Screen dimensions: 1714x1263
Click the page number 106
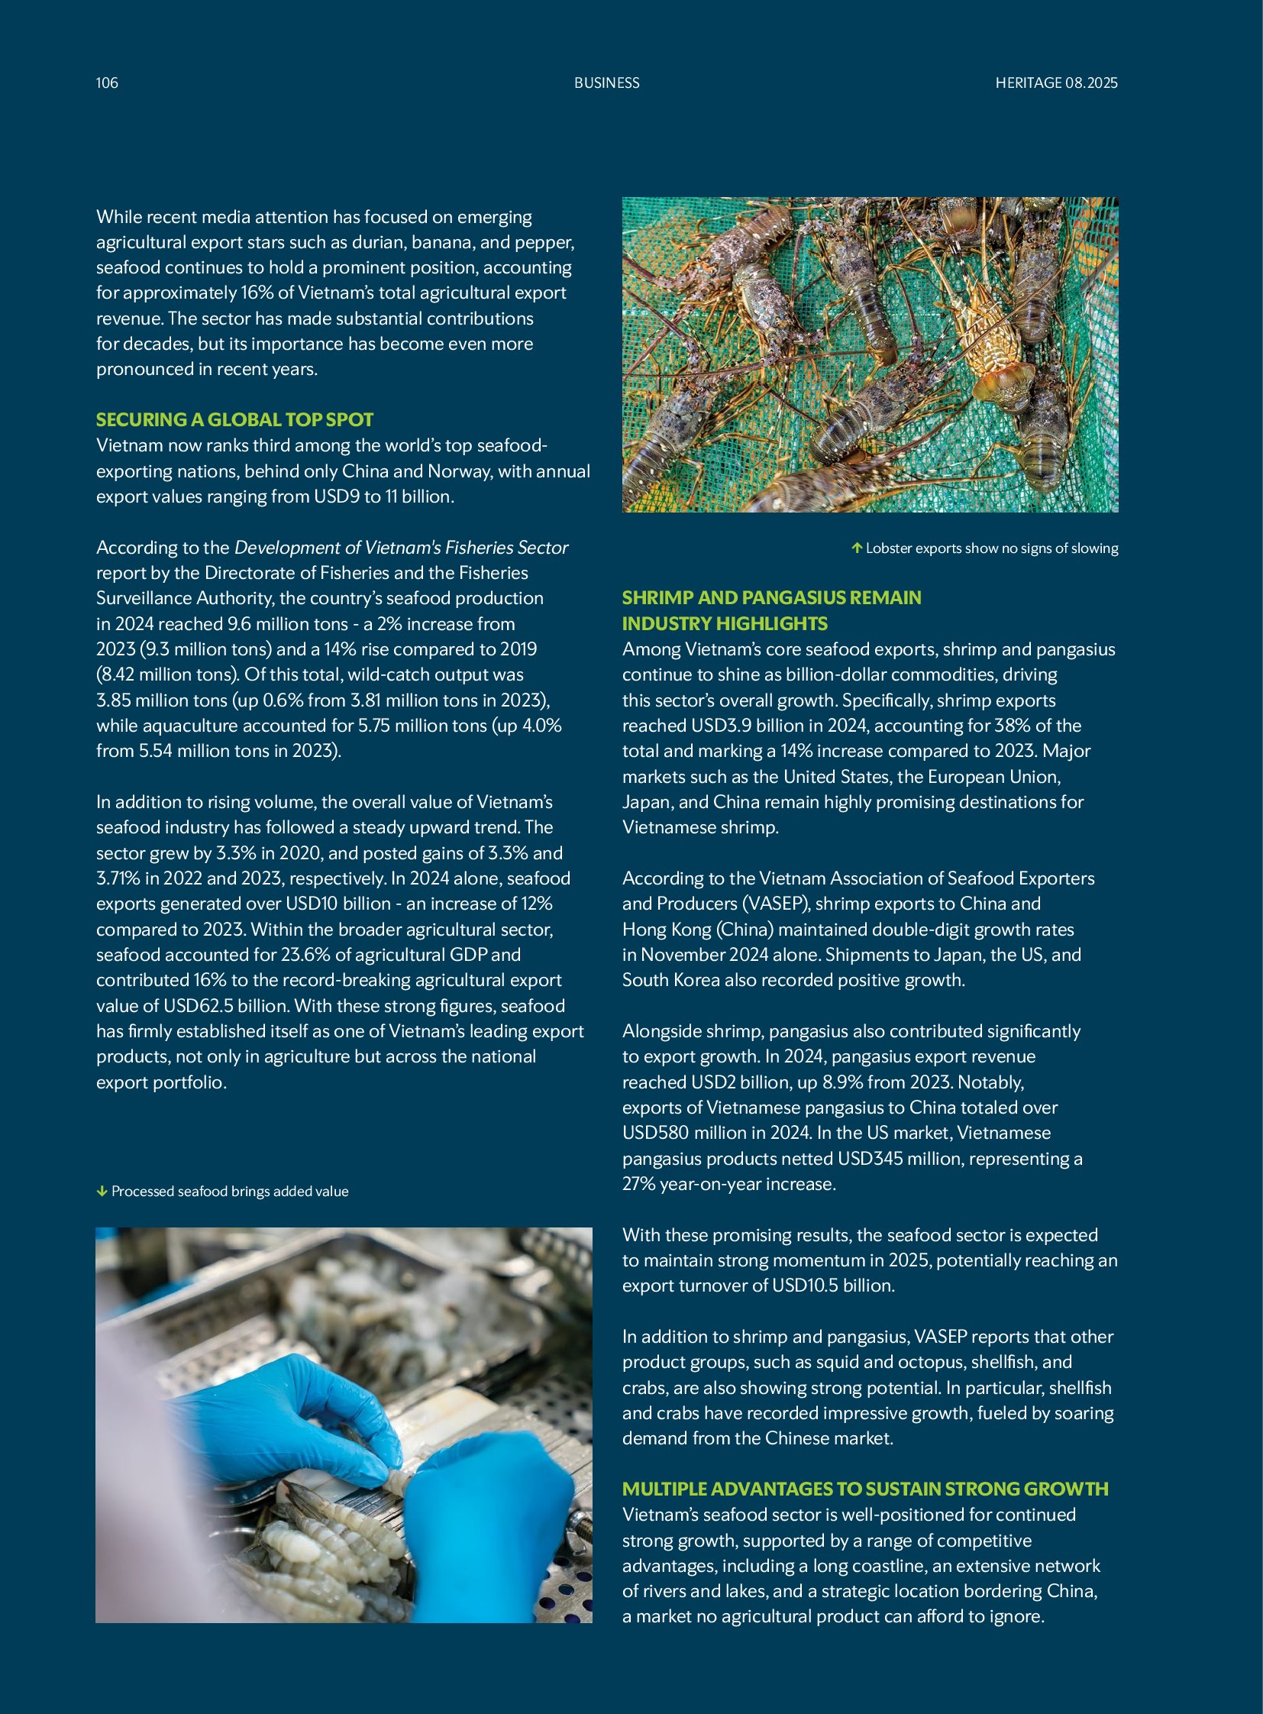(x=107, y=82)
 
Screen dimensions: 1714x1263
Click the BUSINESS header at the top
(x=606, y=82)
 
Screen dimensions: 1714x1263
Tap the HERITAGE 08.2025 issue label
(x=1056, y=82)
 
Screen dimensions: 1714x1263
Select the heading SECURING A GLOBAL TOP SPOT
(x=234, y=419)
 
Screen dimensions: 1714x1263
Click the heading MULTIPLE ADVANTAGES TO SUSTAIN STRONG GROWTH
(x=864, y=1489)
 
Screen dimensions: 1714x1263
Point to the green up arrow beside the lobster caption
(x=857, y=548)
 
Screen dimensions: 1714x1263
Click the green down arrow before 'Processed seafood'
(x=102, y=1191)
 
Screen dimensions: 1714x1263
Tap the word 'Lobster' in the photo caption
(x=890, y=548)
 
